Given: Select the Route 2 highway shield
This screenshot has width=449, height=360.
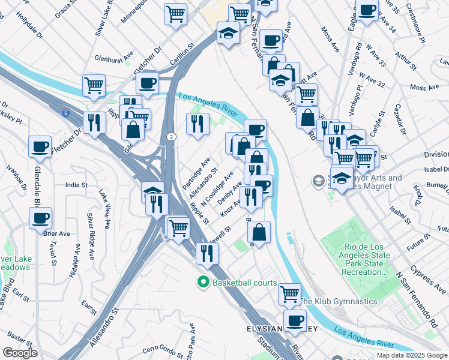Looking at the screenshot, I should click(171, 137).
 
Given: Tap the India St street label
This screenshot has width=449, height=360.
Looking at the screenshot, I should click(76, 185).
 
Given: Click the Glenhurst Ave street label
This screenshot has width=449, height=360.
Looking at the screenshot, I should click(113, 59).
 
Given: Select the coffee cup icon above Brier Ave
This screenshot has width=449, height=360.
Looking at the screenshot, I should click(40, 218).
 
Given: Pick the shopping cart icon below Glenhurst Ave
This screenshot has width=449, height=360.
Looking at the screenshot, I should click(94, 85).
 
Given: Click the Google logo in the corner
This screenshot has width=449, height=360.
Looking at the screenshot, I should click(20, 353).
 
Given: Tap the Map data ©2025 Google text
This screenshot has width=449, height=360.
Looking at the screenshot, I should click(412, 355).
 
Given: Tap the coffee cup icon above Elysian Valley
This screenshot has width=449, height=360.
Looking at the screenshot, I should click(294, 321).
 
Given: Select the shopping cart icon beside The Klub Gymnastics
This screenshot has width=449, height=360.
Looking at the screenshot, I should click(289, 294).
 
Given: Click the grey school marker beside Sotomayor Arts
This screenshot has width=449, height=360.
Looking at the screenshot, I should click(318, 180).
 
